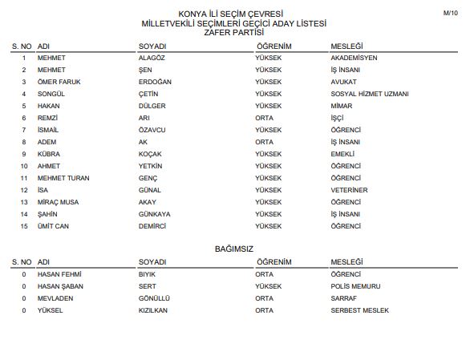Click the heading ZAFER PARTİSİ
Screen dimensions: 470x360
(234, 33)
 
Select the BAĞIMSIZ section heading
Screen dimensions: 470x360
(234, 249)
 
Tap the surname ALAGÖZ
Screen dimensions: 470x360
(154, 59)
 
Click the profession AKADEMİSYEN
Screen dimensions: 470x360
(354, 59)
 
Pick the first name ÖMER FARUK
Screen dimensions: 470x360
(59, 82)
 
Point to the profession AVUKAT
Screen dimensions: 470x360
(343, 82)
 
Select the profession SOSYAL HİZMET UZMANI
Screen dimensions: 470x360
(370, 94)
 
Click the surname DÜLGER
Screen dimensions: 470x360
(152, 106)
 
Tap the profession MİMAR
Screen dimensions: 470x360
(341, 106)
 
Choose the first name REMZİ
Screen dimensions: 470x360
(48, 118)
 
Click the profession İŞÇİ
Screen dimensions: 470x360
(338, 118)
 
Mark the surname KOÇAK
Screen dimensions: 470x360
(151, 154)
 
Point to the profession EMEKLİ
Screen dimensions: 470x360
(342, 154)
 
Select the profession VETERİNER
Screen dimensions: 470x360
(349, 190)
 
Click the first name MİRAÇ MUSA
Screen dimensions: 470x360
(58, 202)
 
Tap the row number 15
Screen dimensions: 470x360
(24, 226)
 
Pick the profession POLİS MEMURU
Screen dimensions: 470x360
(355, 286)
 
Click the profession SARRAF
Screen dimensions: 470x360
(343, 298)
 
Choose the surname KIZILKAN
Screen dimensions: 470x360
(153, 310)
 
